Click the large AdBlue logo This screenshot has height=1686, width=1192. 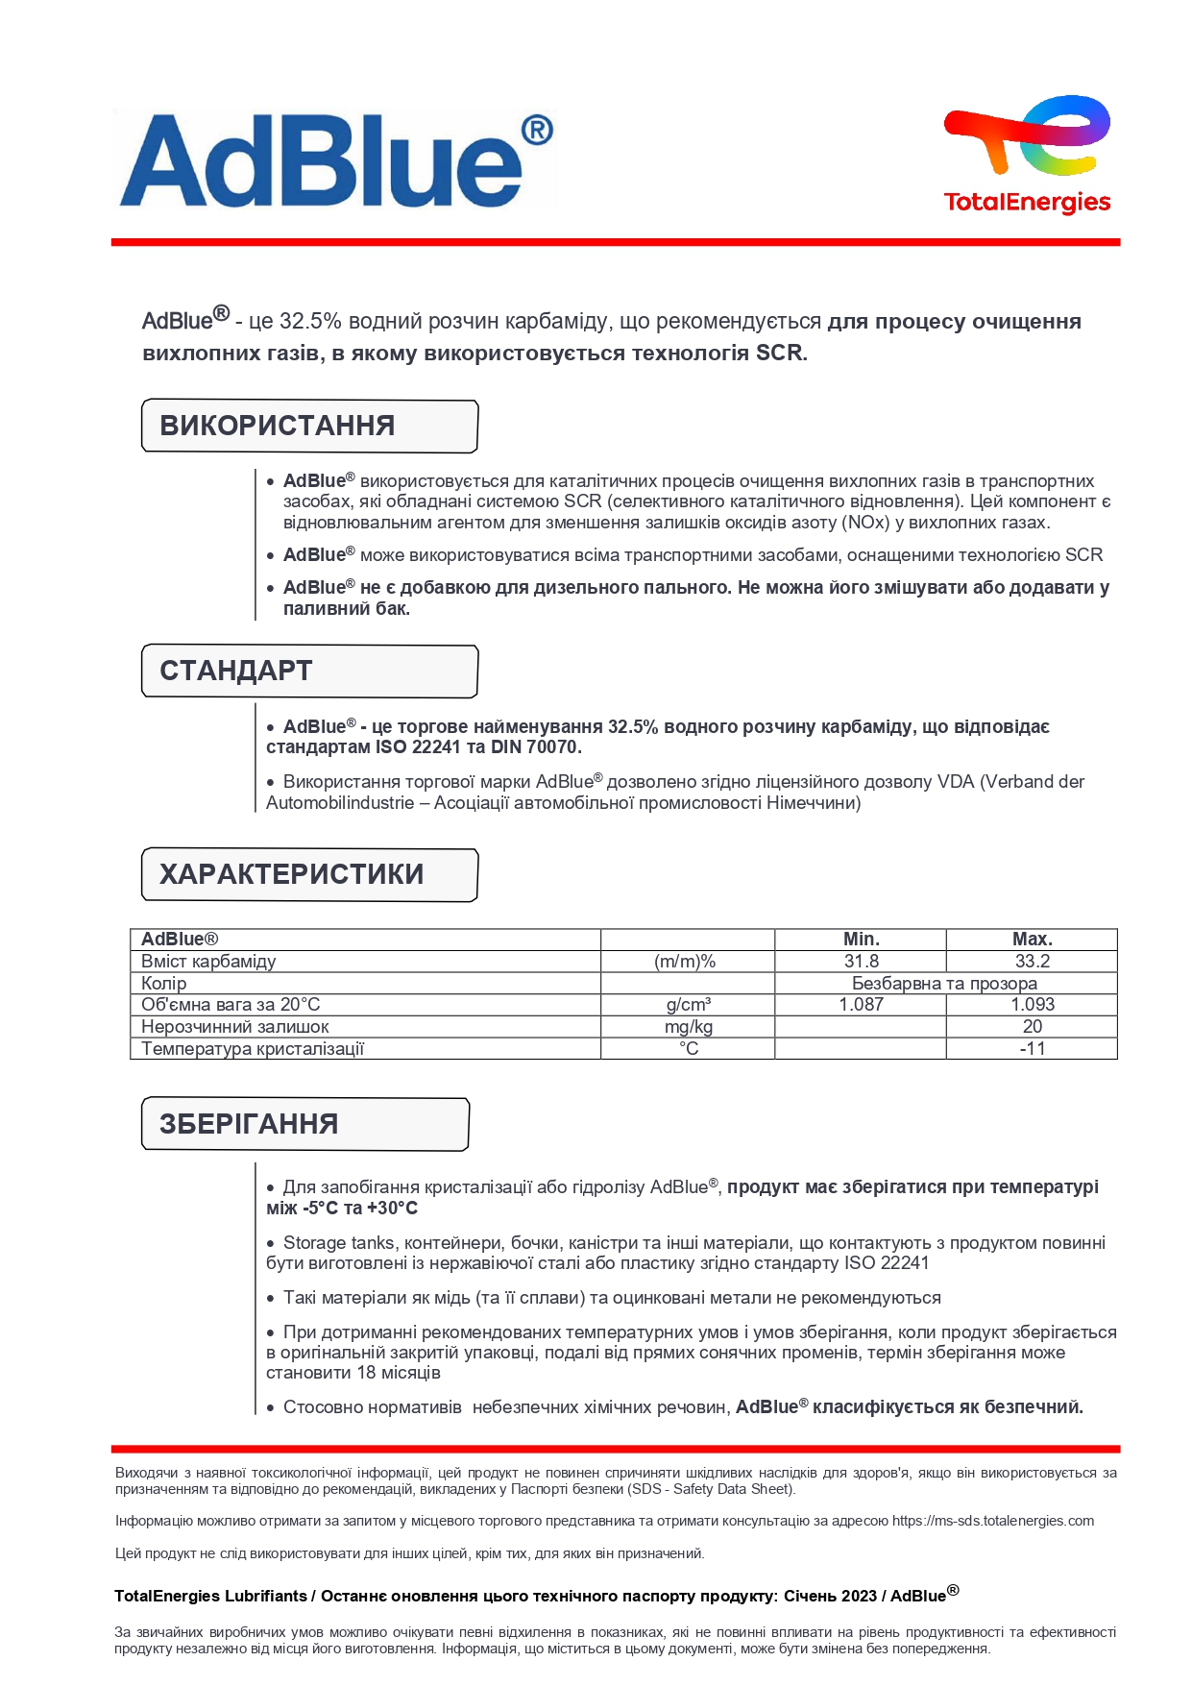(x=336, y=159)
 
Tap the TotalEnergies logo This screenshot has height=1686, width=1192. (x=1027, y=154)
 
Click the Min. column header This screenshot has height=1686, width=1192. (x=861, y=940)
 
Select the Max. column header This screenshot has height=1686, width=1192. (x=1032, y=940)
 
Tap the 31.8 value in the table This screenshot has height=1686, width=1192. (x=861, y=962)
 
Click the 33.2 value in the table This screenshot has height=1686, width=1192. (x=1032, y=962)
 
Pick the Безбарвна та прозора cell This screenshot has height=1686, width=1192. (x=944, y=984)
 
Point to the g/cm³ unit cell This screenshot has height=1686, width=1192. (x=688, y=1005)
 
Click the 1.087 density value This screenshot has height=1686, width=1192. (x=861, y=1005)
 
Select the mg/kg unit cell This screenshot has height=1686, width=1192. (x=688, y=1027)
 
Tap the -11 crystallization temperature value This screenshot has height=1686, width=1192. (x=1032, y=1049)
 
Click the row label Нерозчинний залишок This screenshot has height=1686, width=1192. (x=235, y=1027)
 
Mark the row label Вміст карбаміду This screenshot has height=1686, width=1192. (x=208, y=962)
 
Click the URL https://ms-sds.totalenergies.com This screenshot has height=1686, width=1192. (x=992, y=1521)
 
